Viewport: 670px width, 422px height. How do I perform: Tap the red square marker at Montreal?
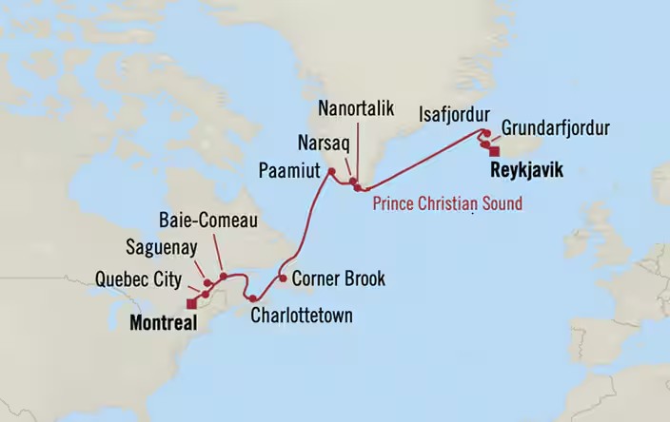pyautogui.click(x=192, y=304)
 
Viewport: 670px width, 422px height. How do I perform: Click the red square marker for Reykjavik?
pyautogui.click(x=494, y=150)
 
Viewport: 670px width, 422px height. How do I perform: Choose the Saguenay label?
pyautogui.click(x=162, y=248)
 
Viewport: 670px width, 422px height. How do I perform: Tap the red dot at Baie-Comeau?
pyautogui.click(x=223, y=277)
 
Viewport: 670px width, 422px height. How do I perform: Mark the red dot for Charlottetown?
pyautogui.click(x=252, y=299)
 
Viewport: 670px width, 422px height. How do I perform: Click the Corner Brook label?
pyautogui.click(x=339, y=279)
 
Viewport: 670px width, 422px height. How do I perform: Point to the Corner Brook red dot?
pyautogui.click(x=283, y=278)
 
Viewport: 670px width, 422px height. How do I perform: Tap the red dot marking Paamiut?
pyautogui.click(x=331, y=172)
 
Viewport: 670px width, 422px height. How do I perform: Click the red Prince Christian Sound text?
pyautogui.click(x=447, y=203)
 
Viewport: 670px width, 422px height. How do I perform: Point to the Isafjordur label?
pyautogui.click(x=454, y=116)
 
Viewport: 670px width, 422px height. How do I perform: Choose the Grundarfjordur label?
pyautogui.click(x=556, y=128)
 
